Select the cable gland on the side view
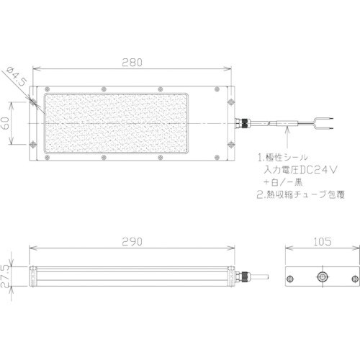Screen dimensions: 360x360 [246, 276]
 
